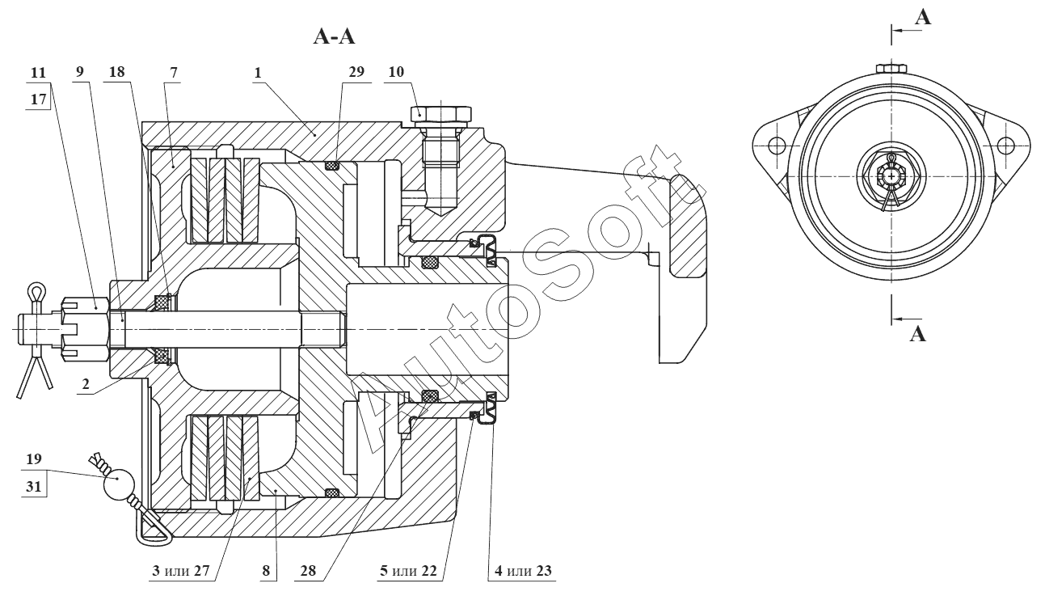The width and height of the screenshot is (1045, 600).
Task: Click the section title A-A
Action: (334, 36)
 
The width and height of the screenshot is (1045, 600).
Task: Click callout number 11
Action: (36, 72)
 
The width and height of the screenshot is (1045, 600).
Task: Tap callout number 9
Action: (79, 72)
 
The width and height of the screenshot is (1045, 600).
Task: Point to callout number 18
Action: (118, 72)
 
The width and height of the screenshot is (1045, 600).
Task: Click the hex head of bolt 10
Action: (439, 112)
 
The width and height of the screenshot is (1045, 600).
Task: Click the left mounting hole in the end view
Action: (777, 146)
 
